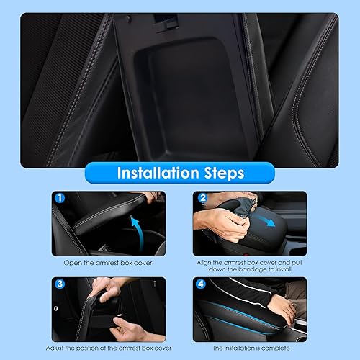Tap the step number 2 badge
coord(203,197)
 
